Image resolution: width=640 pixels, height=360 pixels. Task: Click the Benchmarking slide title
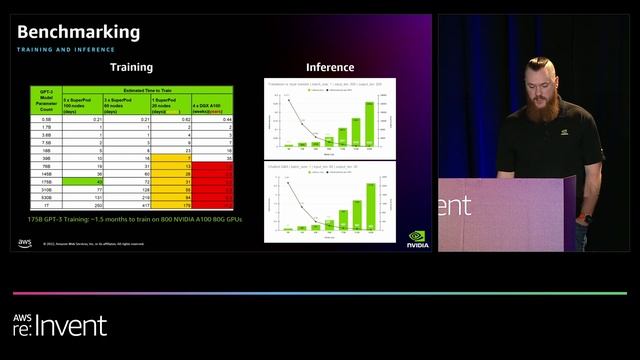tap(78, 32)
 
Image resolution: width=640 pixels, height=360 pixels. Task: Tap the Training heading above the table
tap(131, 67)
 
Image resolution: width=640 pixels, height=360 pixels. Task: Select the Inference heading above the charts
tap(330, 67)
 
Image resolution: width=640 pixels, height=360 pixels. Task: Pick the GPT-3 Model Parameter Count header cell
tap(44, 100)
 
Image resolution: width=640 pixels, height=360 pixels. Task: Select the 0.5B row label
tap(44, 119)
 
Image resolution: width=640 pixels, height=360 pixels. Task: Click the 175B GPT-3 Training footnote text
tap(136, 219)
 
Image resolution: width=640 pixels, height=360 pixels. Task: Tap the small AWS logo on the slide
tap(24, 242)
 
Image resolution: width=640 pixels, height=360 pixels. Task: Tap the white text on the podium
tap(454, 205)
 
